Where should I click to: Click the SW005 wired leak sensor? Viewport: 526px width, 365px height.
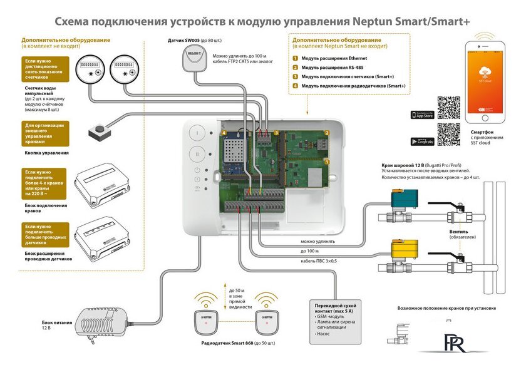[192, 61]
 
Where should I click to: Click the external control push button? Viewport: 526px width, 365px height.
[97, 132]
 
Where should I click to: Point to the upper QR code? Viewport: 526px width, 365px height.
[448, 106]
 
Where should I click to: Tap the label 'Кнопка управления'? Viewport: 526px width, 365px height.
[46, 153]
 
